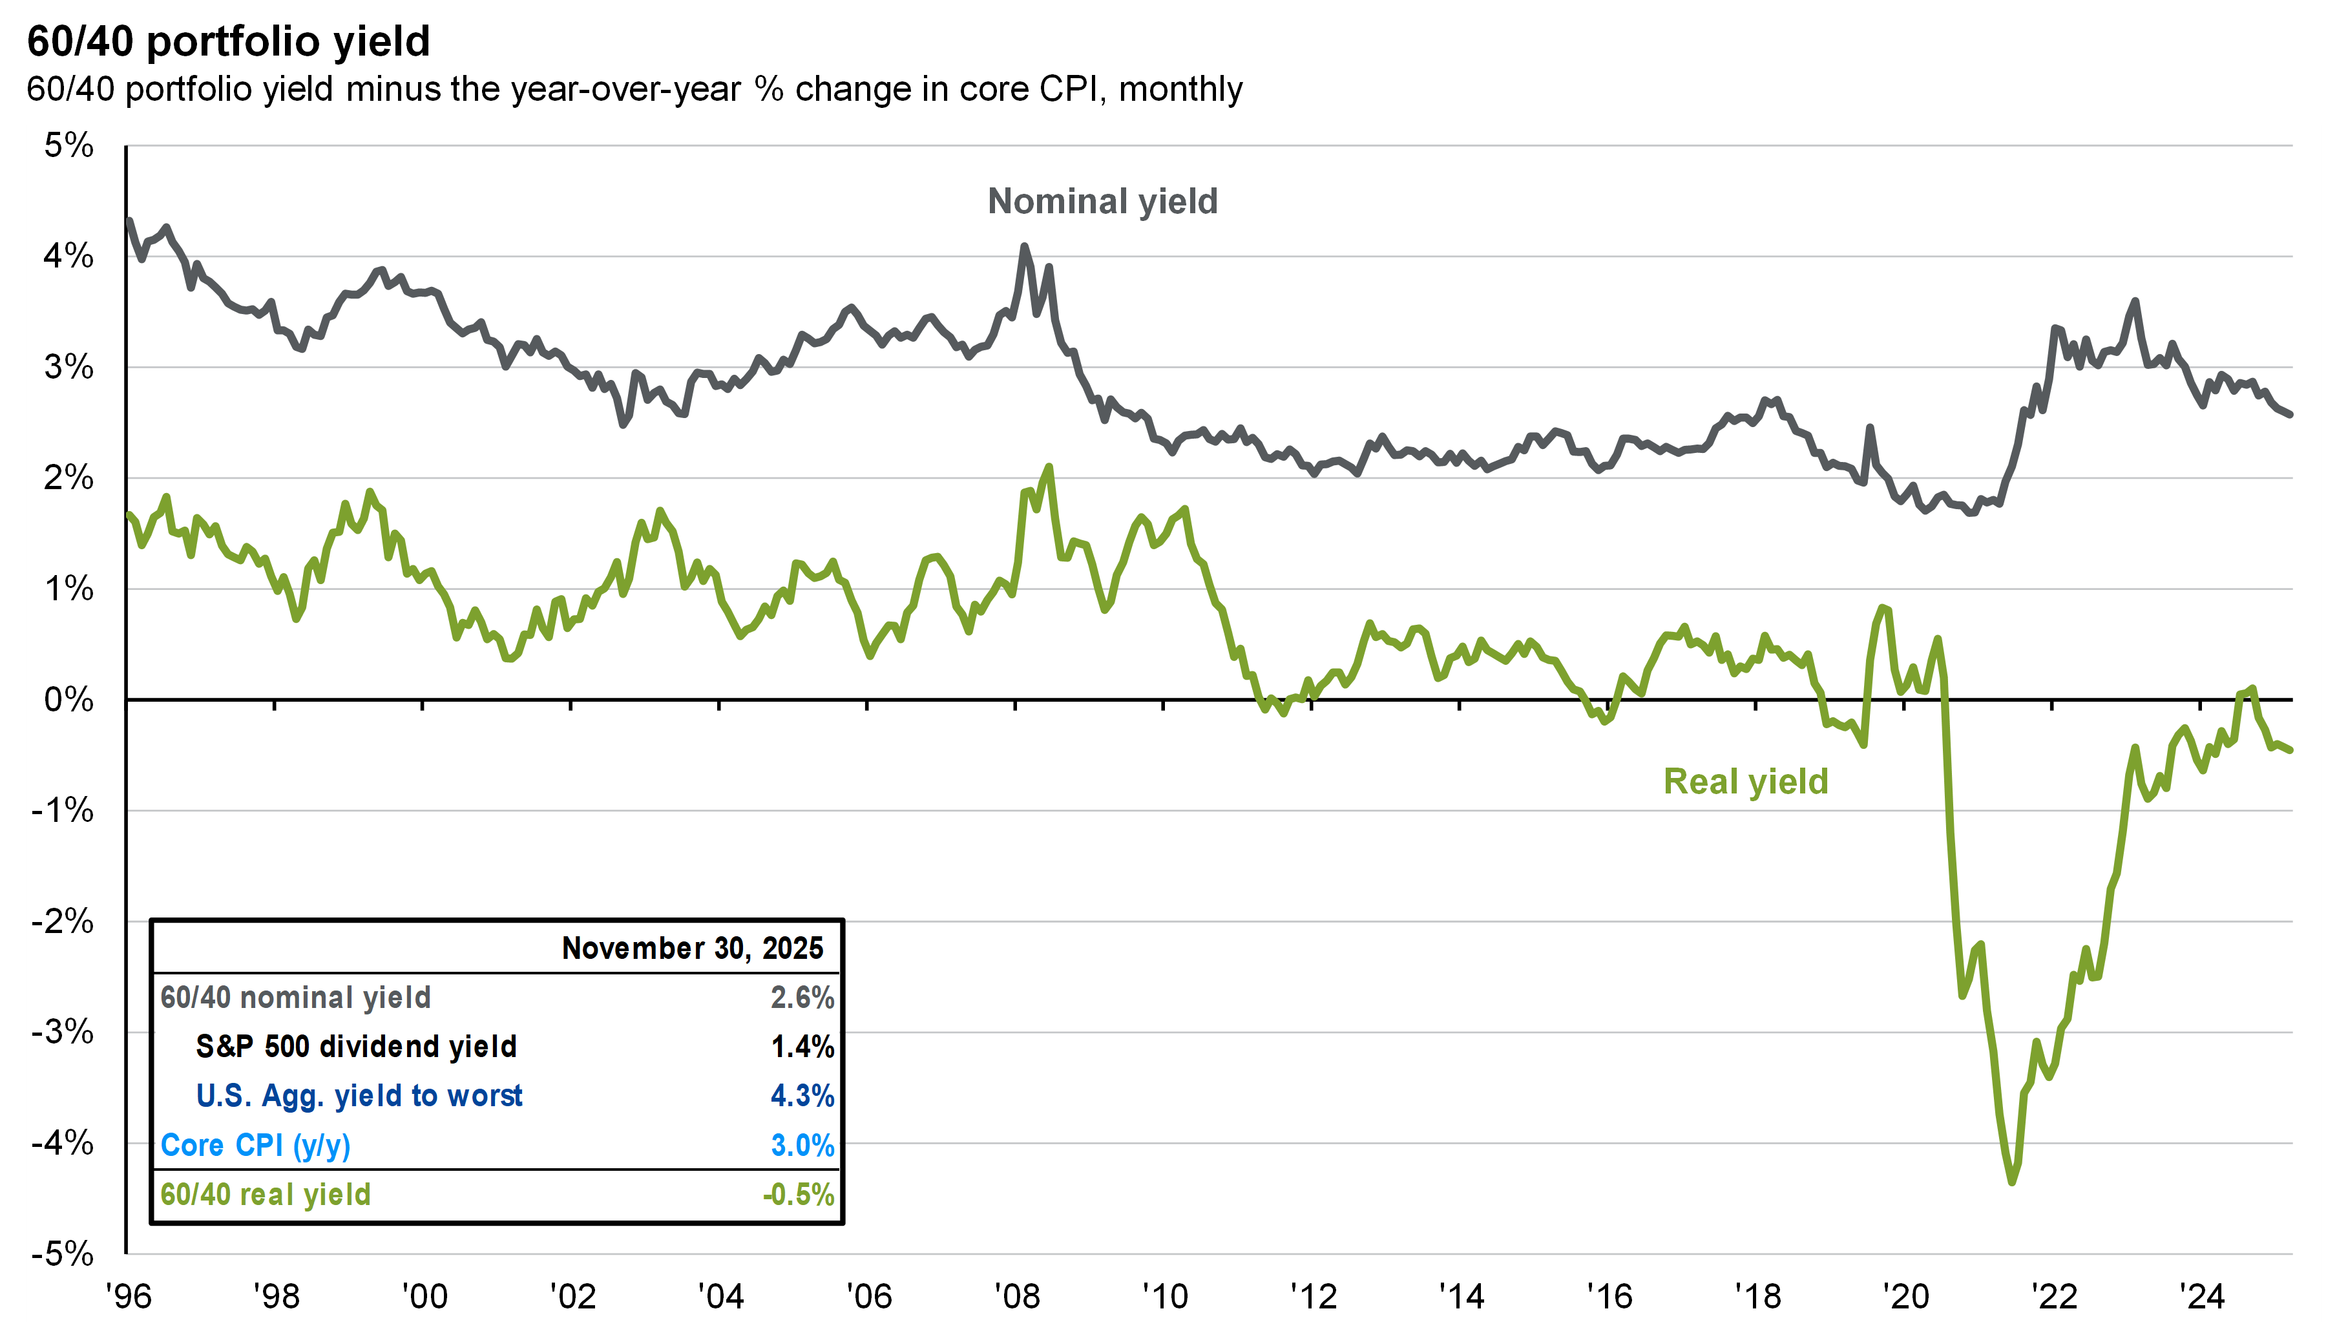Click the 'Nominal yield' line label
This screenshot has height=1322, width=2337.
pyautogui.click(x=1102, y=202)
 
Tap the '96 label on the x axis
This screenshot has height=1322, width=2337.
pyautogui.click(x=128, y=1296)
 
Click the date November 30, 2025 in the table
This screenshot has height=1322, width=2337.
pyautogui.click(x=692, y=948)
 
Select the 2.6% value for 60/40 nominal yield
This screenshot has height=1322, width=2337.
pyautogui.click(x=802, y=998)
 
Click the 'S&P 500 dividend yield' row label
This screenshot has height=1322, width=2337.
pyautogui.click(x=356, y=1047)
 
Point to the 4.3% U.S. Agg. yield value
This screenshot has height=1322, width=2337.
pyautogui.click(x=802, y=1096)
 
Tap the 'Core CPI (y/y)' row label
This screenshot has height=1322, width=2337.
pyautogui.click(x=255, y=1146)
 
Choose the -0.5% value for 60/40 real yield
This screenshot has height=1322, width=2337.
pyautogui.click(x=798, y=1195)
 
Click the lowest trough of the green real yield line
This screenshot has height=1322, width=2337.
pyautogui.click(x=2012, y=1181)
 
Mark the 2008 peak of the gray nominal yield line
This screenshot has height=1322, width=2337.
pyautogui.click(x=1024, y=246)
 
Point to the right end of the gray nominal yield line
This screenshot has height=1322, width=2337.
pyautogui.click(x=2290, y=415)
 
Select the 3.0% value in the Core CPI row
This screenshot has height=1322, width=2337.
pyautogui.click(x=802, y=1146)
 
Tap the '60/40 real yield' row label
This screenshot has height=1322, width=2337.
pyautogui.click(x=265, y=1195)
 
